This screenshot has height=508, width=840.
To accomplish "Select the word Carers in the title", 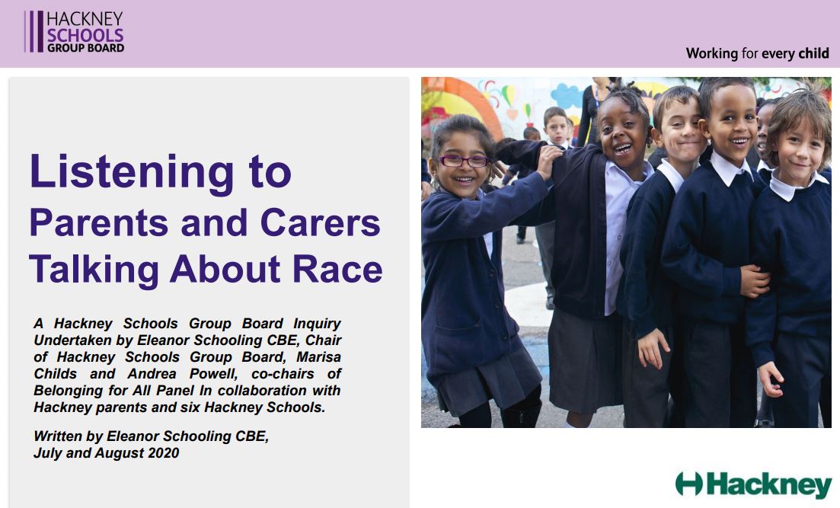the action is (x=321, y=222).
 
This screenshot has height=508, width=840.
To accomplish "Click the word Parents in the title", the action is (x=99, y=222).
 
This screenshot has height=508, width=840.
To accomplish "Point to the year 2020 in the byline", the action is (x=164, y=453).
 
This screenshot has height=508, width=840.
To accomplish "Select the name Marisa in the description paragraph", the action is (x=319, y=357).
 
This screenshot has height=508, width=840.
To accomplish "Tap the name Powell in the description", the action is (x=213, y=373).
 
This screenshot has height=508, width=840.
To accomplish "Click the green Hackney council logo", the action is (x=753, y=484).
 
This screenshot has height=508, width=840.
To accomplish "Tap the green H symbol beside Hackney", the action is (x=688, y=484).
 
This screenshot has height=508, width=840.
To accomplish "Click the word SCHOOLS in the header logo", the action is (x=85, y=35).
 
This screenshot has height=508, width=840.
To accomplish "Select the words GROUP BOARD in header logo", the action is (x=86, y=48).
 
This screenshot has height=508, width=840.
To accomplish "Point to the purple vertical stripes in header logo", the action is (x=34, y=32).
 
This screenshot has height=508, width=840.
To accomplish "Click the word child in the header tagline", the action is (x=814, y=53).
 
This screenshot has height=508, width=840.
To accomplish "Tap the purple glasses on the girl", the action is (x=464, y=160).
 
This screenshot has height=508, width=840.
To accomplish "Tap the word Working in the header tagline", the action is (x=712, y=53).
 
